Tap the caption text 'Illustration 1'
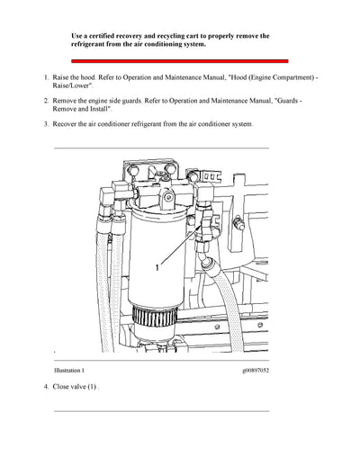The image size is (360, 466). [71, 370]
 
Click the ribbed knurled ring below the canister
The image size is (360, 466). [151, 316]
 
